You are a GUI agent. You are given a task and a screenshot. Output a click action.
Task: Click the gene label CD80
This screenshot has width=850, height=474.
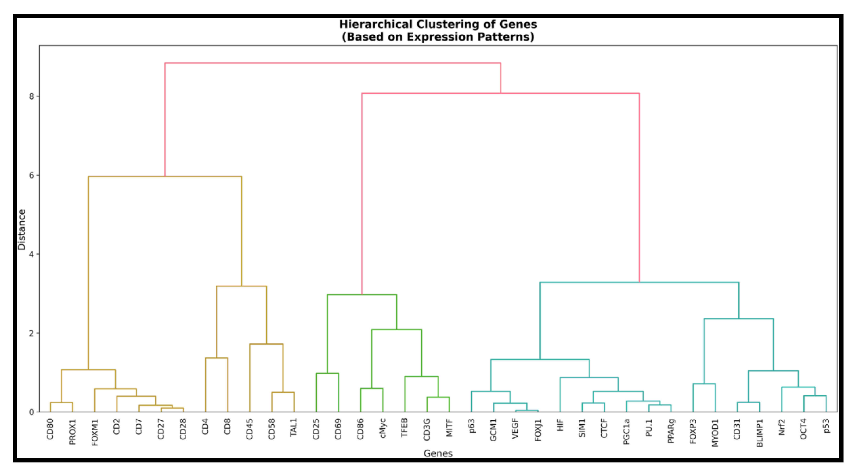pyautogui.click(x=50, y=429)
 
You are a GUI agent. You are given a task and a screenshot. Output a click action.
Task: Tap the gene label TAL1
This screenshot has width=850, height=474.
pyautogui.click(x=294, y=428)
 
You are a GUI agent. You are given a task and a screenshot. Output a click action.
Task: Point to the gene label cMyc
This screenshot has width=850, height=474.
pyautogui.click(x=383, y=429)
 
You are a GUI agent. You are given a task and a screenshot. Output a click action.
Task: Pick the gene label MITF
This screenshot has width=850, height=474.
pyautogui.click(x=449, y=428)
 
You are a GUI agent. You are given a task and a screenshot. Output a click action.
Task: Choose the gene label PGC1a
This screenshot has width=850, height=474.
pyautogui.click(x=627, y=431)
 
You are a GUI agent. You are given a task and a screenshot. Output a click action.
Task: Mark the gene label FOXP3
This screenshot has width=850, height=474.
pyautogui.click(x=693, y=431)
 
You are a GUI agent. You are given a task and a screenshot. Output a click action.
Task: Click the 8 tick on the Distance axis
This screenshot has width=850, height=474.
pyautogui.click(x=32, y=96)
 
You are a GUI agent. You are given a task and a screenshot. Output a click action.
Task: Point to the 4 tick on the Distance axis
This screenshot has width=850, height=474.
pyautogui.click(x=32, y=254)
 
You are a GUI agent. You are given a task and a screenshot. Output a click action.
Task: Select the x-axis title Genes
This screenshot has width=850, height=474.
pyautogui.click(x=438, y=454)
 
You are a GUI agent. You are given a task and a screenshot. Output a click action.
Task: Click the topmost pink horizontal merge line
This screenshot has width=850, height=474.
pyautogui.click(x=333, y=63)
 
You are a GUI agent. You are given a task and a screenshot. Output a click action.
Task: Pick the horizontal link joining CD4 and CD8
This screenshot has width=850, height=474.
pyautogui.click(x=216, y=358)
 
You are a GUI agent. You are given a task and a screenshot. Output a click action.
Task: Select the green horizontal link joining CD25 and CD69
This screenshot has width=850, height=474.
pyautogui.click(x=327, y=373)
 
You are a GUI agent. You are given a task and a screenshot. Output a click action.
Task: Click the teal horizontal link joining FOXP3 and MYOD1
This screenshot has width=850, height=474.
pyautogui.click(x=704, y=384)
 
